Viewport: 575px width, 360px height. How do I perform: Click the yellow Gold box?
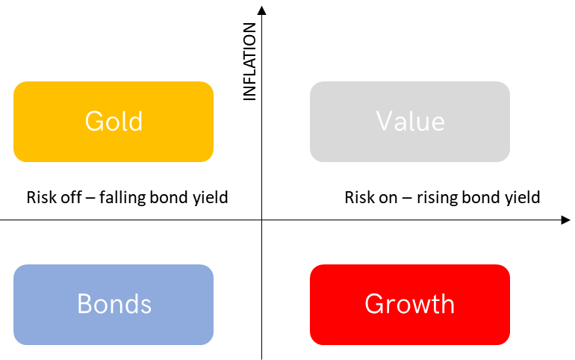click(114, 122)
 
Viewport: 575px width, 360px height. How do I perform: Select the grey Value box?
click(410, 122)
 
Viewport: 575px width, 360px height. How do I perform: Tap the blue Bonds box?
click(114, 305)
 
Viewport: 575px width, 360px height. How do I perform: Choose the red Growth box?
click(410, 305)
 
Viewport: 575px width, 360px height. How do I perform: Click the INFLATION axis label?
click(249, 61)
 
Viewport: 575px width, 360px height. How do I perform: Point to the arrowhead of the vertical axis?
click(261, 7)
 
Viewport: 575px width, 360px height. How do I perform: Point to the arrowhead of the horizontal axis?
click(570, 220)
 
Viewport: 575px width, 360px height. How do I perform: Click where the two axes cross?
click(261, 220)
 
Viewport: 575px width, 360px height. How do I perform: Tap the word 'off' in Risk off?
click(72, 197)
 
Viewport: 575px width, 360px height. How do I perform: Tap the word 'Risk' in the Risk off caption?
click(42, 197)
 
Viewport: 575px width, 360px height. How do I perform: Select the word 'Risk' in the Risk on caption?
click(360, 197)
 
